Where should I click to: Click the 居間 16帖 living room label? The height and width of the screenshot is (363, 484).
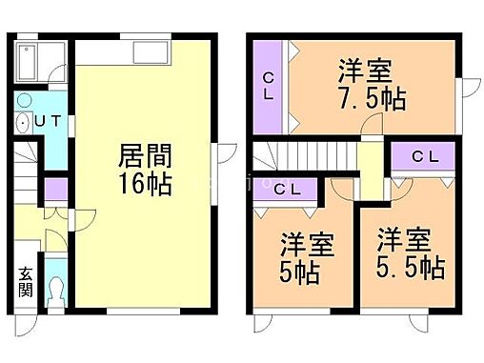pos(145,168)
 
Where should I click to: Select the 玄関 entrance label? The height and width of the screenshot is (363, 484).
pos(24,283)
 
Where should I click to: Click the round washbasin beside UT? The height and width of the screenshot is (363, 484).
pos(23,121)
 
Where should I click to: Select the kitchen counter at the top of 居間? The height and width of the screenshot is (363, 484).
pos(124,51)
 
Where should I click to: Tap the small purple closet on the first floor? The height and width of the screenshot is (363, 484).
pos(55,188)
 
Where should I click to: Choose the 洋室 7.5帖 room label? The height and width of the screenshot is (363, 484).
pos(364,84)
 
